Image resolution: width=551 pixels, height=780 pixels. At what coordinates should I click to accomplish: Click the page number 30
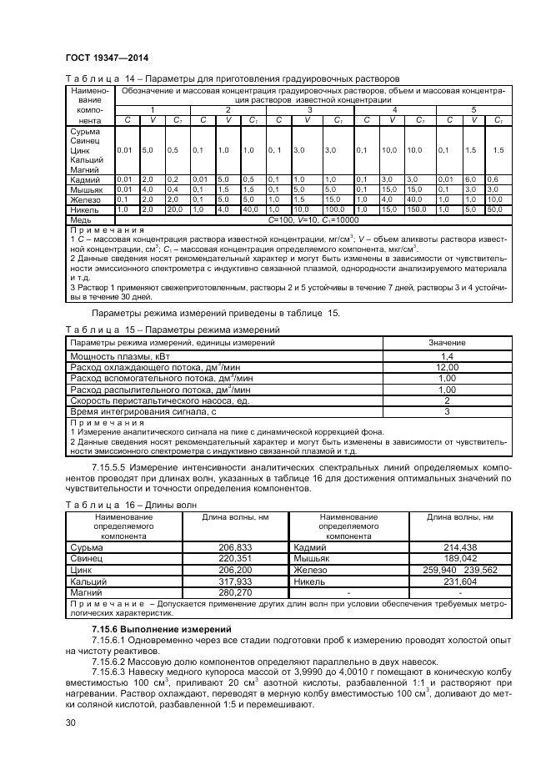click(70, 722)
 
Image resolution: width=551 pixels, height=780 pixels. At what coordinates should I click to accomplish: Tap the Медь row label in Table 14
click(81, 219)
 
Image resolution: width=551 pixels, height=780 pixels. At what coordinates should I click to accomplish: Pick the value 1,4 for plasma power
click(446, 356)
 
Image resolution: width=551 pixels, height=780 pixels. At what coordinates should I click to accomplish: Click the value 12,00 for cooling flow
click(446, 367)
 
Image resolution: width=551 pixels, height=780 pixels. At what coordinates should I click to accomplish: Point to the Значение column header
click(446, 343)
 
